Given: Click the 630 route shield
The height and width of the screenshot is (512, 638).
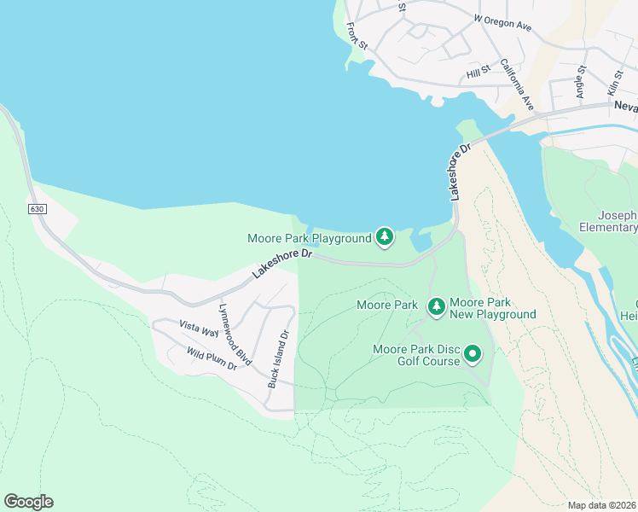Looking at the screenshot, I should (36, 208).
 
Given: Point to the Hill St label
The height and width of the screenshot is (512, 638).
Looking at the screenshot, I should (478, 74).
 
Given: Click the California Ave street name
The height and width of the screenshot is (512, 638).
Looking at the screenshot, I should (517, 84).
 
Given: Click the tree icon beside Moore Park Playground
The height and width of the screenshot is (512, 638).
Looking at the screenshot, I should (385, 236).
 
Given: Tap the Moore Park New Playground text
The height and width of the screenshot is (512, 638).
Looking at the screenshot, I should (493, 308).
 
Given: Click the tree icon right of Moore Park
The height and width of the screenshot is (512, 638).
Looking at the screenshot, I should (437, 305).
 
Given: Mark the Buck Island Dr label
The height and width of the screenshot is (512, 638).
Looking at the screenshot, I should (279, 358).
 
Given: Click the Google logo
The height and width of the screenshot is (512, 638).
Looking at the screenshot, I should (28, 502).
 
